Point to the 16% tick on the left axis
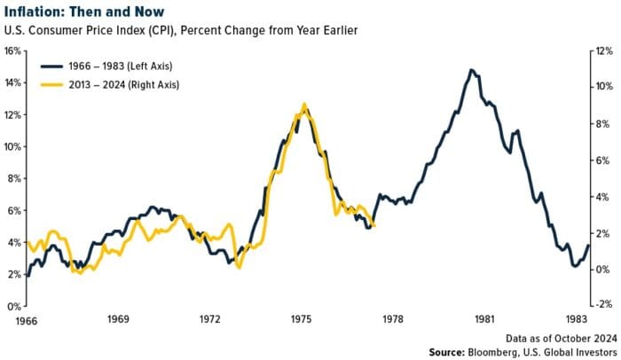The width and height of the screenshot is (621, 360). pos(12,51)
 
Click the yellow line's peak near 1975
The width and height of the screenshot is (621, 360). pos(304,104)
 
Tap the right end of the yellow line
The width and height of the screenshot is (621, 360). pos(374,226)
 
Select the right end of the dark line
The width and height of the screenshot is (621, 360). pos(587,246)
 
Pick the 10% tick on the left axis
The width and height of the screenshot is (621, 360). pos(12,146)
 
